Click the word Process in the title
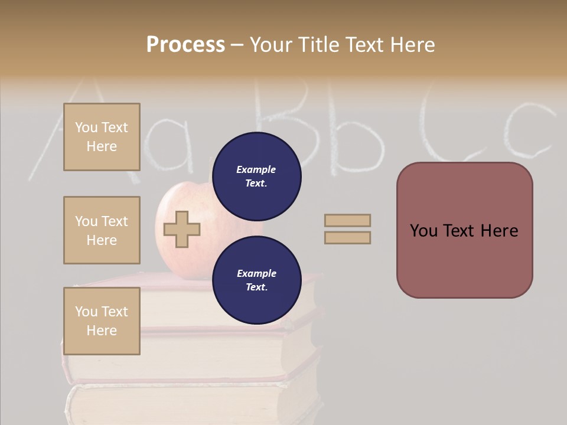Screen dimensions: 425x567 pos(185,44)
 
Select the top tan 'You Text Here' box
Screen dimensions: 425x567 pos(102,137)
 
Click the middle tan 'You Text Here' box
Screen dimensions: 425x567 pos(102,230)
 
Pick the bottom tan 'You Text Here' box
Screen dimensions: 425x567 pos(102,321)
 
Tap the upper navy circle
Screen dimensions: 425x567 pos(256,176)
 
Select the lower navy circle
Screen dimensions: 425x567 pos(256,280)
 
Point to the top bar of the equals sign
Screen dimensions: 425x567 pos(347,220)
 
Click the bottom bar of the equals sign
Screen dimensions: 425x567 pos(347,237)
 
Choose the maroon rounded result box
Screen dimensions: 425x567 pos(464,230)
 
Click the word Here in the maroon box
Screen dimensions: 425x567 pos(499,231)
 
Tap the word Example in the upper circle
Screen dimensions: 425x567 pos(256,169)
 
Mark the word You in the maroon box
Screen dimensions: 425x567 pos(424,231)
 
